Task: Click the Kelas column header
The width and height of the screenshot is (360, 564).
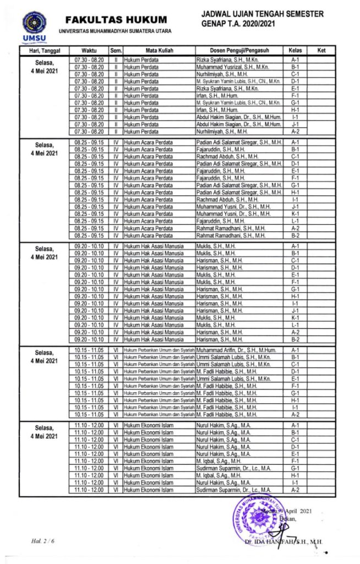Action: (295, 51)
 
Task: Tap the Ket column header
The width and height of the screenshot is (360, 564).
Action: (322, 51)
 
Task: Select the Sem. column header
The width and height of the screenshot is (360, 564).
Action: (116, 51)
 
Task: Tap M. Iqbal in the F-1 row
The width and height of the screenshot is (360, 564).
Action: (219, 461)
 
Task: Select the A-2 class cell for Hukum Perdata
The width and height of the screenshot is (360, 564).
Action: (295, 132)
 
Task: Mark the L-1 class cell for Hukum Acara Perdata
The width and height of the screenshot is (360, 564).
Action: (295, 221)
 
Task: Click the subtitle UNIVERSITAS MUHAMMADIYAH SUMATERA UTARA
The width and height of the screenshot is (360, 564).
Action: (115, 30)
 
